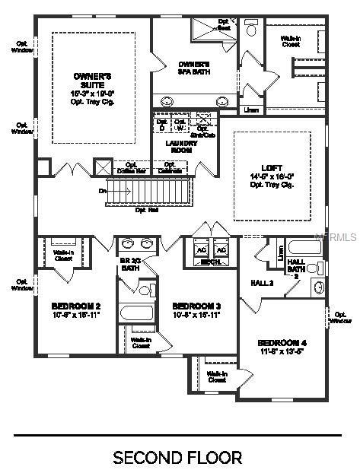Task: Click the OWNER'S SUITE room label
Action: click(x=93, y=77)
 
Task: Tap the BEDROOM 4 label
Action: click(x=282, y=342)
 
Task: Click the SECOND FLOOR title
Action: click(x=177, y=457)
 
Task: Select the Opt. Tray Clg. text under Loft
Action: click(x=270, y=183)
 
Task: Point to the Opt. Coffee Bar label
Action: click(x=131, y=167)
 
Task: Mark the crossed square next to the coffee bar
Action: click(x=103, y=167)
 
